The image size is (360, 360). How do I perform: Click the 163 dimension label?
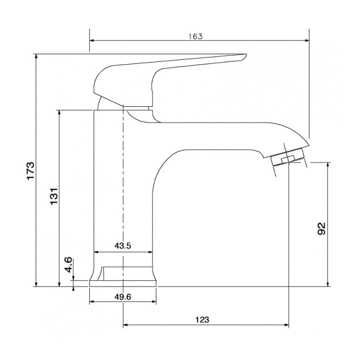(x=196, y=37)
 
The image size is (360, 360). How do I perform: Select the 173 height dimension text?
(x=31, y=171)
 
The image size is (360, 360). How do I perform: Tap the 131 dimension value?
(x=54, y=196)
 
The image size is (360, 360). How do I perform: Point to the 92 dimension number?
(x=321, y=229)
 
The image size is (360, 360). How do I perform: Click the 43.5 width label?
(x=123, y=246)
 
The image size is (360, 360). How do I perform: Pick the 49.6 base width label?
(x=123, y=297)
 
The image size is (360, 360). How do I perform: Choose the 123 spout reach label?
(x=202, y=320)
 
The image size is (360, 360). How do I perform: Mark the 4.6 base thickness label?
(x=69, y=265)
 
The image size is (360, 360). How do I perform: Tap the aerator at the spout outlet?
(x=288, y=157)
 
